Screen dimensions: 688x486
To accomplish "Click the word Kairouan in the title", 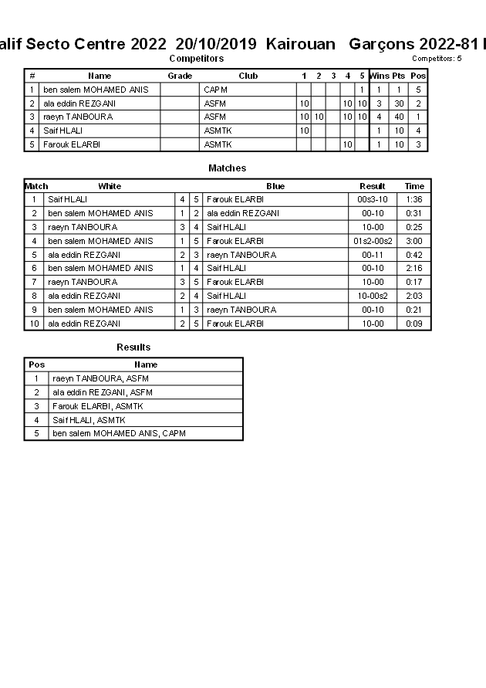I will pyautogui.click(x=301, y=44).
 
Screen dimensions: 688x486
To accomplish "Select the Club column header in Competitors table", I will pyautogui.click(x=248, y=76).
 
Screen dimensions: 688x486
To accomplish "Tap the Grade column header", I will pyautogui.click(x=180, y=76).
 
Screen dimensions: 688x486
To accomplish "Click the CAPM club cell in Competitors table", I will pyautogui.click(x=216, y=90).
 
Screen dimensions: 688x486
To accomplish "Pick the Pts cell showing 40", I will pyautogui.click(x=398, y=117).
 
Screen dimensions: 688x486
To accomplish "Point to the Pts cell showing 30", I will pyautogui.click(x=398, y=103).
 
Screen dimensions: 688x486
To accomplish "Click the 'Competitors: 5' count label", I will pyautogui.click(x=437, y=58).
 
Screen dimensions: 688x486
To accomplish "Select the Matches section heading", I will pyautogui.click(x=228, y=168).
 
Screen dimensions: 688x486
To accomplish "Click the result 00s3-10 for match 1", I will pyautogui.click(x=373, y=199).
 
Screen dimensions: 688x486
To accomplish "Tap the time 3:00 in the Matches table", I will pyautogui.click(x=414, y=241).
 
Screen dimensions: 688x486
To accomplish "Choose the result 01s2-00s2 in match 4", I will pyautogui.click(x=373, y=241).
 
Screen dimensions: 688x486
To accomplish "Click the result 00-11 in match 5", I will pyautogui.click(x=373, y=255).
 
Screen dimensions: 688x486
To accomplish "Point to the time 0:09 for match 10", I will pyautogui.click(x=414, y=324).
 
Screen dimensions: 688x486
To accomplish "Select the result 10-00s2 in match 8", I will pyautogui.click(x=373, y=296).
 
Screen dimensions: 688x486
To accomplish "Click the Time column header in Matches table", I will pyautogui.click(x=414, y=186).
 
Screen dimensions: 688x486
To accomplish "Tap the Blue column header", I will pyautogui.click(x=275, y=186).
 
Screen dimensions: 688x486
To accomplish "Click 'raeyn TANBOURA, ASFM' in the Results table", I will pyautogui.click(x=100, y=378).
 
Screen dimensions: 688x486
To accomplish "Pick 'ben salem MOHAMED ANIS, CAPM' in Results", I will pyautogui.click(x=119, y=433).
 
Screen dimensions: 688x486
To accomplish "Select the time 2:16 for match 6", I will pyautogui.click(x=414, y=268).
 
